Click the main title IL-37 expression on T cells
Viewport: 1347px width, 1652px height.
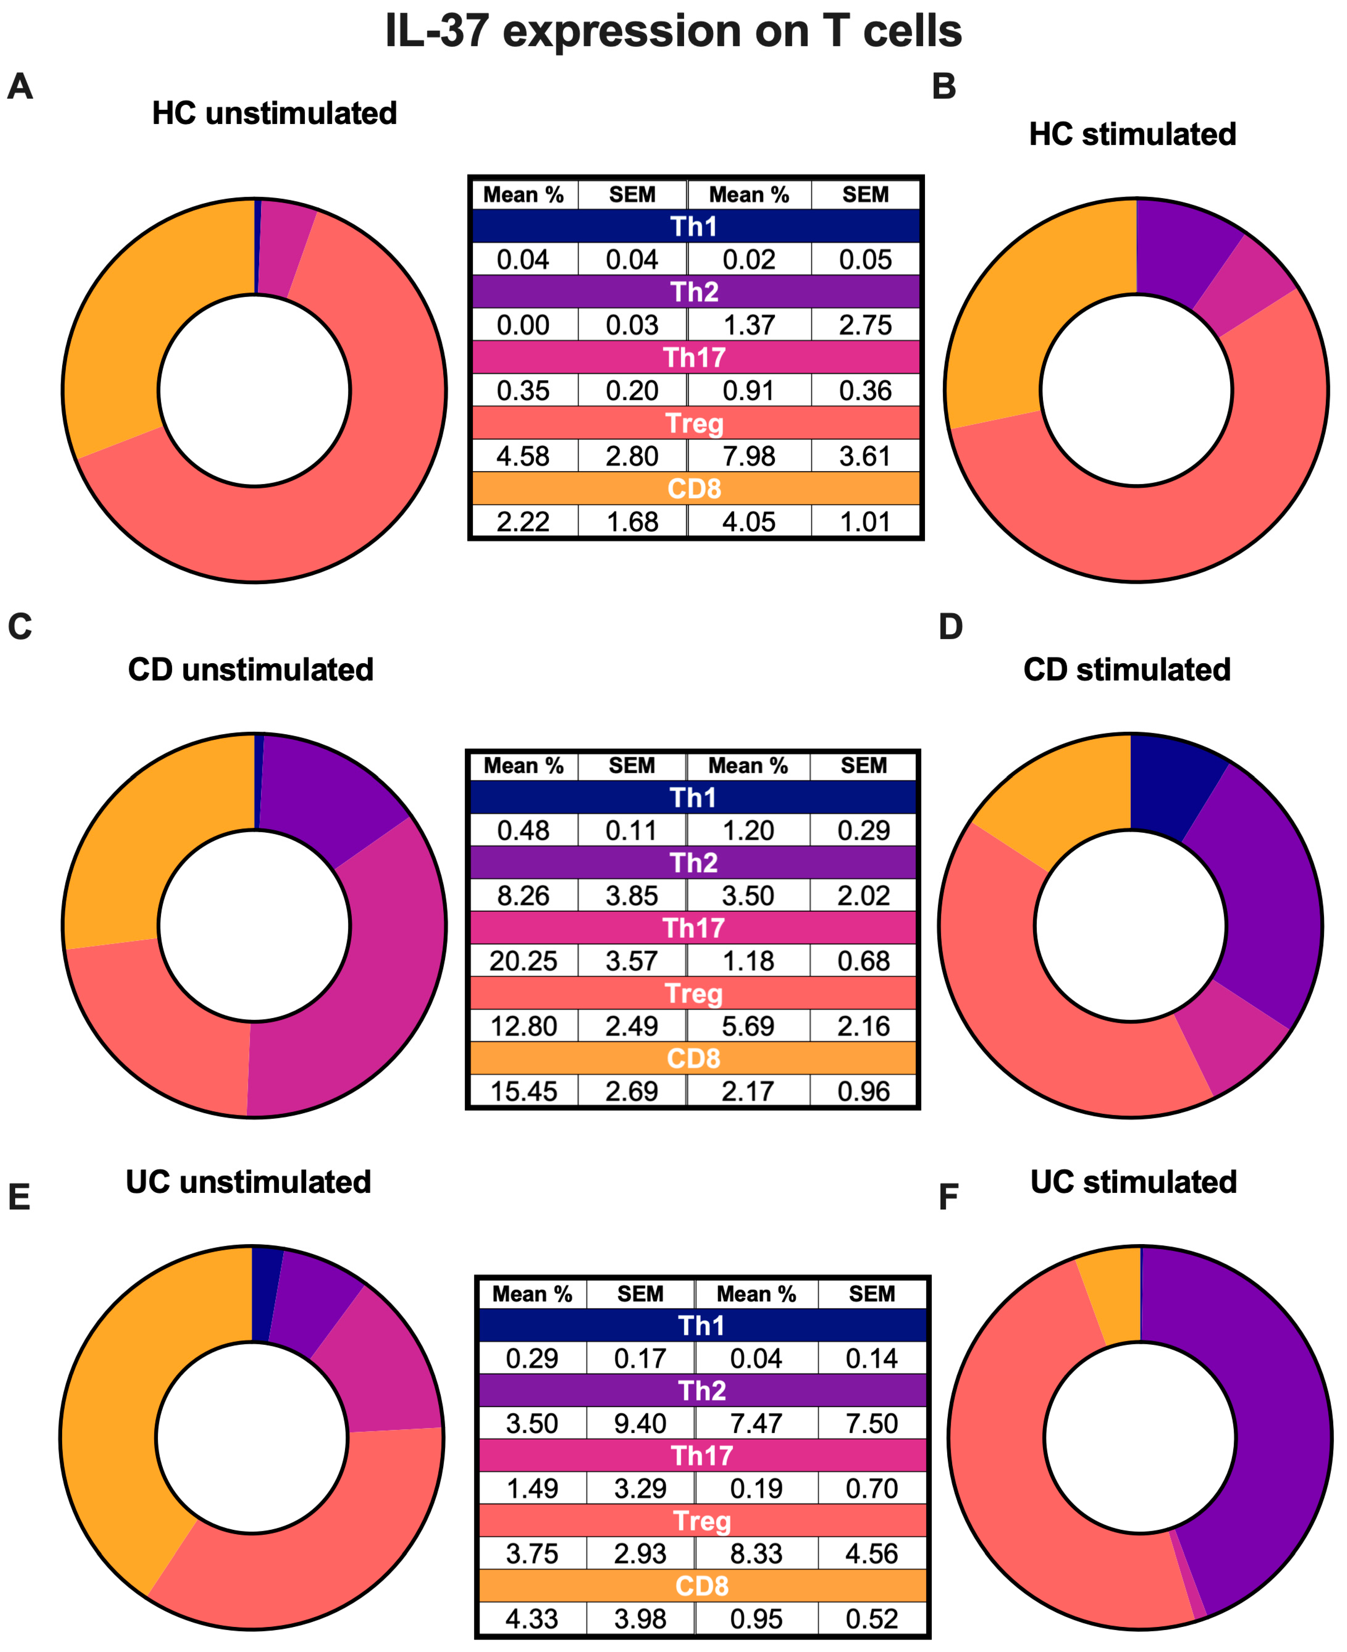coord(673,31)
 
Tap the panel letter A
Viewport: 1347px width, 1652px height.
coord(20,86)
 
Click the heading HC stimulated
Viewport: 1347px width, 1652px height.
coord(1132,134)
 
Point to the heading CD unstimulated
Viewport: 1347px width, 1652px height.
coord(251,670)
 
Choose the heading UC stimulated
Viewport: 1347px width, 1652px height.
coord(1133,1182)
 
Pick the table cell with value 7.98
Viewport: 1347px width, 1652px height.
coord(749,456)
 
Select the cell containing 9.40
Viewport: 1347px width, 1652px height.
coord(640,1423)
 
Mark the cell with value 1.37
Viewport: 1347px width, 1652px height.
coord(749,324)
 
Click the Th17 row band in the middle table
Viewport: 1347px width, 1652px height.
coord(693,928)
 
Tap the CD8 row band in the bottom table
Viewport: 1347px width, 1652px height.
coord(702,1586)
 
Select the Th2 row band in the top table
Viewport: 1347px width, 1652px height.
coord(695,292)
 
